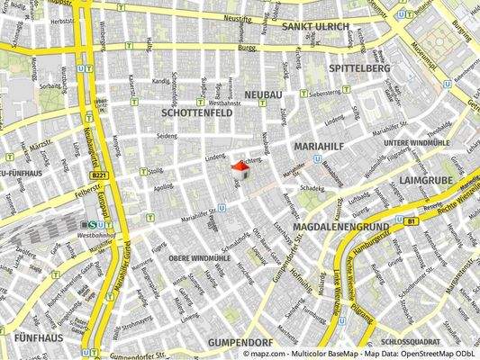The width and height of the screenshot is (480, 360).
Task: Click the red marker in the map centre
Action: [240, 167]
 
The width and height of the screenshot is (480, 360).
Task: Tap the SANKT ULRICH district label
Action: [315, 27]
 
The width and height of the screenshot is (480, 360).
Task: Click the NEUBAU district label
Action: [263, 94]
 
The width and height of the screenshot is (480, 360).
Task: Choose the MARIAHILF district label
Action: [320, 143]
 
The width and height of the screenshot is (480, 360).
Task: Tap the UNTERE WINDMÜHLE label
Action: [416, 143]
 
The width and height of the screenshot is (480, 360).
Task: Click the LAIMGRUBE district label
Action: [428, 179]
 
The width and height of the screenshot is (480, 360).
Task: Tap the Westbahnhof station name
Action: [95, 235]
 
